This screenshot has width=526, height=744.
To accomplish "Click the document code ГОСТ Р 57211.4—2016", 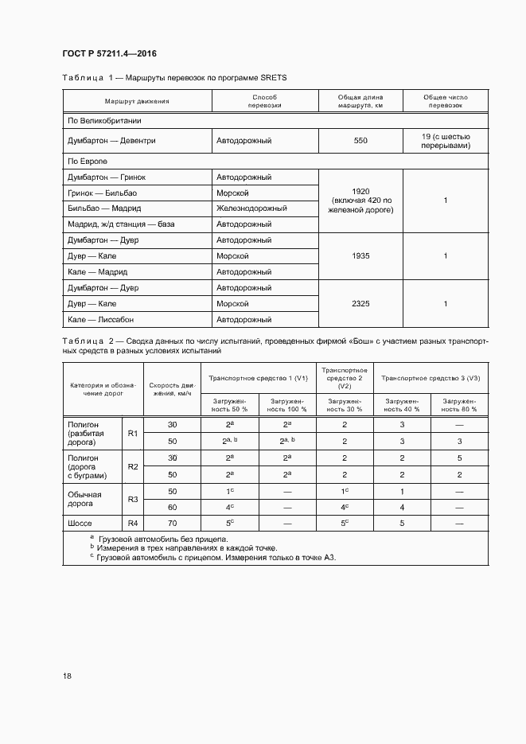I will point(109,53).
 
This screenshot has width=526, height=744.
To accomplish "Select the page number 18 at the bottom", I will point(67,676).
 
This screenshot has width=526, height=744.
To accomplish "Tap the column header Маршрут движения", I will point(136,101).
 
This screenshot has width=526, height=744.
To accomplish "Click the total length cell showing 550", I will point(360,141).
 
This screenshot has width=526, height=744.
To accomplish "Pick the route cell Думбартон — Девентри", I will point(111,141).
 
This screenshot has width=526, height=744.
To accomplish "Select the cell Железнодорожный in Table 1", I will point(251,208).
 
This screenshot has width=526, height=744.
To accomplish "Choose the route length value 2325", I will point(360,304).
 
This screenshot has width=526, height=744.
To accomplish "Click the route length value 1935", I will point(360,256).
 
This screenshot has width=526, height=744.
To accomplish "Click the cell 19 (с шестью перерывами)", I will point(446,141).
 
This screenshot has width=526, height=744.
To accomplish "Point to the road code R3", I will point(133,499).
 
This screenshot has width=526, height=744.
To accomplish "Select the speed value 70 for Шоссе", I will point(172,523).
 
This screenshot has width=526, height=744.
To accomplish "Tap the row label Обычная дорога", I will point(85,499).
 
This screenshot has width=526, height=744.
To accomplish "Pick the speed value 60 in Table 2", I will point(172,507).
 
